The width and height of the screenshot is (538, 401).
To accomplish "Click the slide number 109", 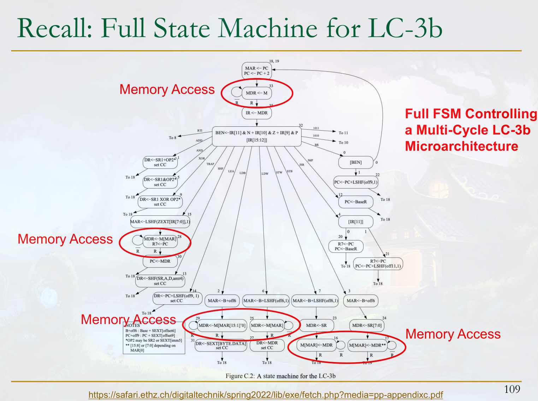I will coord(512,389).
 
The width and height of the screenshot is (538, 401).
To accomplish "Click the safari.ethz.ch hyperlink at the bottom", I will coord(265,395).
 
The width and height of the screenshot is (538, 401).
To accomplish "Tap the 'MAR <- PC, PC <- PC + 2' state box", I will coord(256,71).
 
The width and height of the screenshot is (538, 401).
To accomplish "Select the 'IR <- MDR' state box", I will coord(256,113).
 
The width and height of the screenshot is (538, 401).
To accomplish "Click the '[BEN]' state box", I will coord(355,162).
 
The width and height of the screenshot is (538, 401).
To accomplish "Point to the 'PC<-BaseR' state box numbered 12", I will coord(355,202).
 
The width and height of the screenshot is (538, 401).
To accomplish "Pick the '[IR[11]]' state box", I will coord(355,222).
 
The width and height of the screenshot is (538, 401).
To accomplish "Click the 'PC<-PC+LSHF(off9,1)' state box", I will coord(355,182).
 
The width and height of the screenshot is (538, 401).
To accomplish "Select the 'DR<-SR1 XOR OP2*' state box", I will coord(160,202).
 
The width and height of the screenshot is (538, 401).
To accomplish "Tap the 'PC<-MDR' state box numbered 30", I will coord(160,261).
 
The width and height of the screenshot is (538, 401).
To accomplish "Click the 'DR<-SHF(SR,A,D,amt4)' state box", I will coord(160,281).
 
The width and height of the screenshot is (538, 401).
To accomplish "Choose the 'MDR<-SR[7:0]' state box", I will coord(367,325).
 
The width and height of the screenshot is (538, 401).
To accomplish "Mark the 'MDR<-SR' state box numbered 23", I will coord(316,325).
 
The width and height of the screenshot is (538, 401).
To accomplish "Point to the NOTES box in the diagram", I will coord(154,338).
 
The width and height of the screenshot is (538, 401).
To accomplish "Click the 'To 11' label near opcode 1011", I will coord(343,133).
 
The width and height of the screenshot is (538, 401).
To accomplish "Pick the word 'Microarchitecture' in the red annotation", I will coord(461,146).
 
